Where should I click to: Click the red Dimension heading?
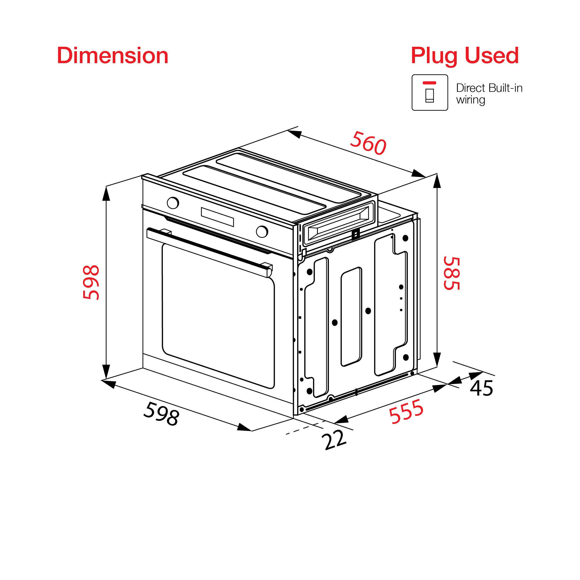click(x=113, y=56)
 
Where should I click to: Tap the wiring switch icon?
click(x=429, y=92)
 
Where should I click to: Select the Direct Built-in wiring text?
click(x=489, y=94)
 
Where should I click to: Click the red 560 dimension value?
click(x=368, y=143)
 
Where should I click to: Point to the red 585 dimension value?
click(x=452, y=273)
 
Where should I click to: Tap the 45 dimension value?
click(x=481, y=388)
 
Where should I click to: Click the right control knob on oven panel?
click(x=262, y=231)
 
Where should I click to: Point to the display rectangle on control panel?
click(x=217, y=217)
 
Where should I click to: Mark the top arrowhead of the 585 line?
click(x=437, y=181)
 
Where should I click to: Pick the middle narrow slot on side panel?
click(x=351, y=317)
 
